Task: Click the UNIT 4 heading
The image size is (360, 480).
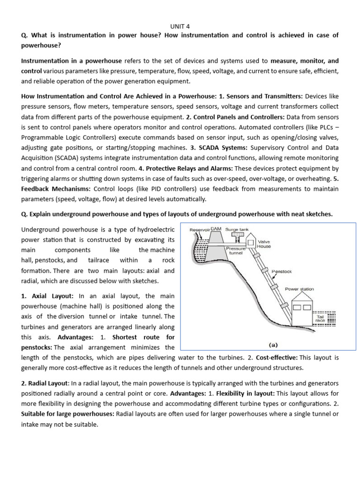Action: click(180, 26)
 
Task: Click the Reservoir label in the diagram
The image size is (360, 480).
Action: click(199, 230)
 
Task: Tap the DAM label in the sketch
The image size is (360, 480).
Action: click(216, 229)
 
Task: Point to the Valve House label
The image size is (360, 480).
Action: click(264, 244)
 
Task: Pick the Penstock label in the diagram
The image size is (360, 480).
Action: click(282, 271)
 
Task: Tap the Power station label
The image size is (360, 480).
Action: click(300, 289)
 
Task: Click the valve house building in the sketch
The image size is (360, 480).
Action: click(251, 242)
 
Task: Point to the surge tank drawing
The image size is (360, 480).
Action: click(237, 235)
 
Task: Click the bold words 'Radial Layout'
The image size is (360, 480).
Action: click(45, 384)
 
